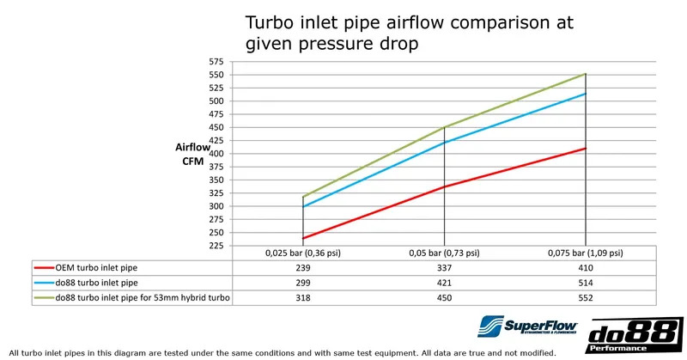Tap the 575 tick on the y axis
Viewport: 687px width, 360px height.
click(x=215, y=62)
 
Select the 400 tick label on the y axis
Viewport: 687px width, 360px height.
click(x=215, y=154)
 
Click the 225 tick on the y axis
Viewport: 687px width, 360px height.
click(x=215, y=246)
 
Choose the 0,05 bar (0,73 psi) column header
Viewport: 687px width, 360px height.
click(x=444, y=254)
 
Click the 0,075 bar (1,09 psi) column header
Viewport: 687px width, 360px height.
click(x=586, y=254)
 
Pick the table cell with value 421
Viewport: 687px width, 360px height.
click(x=444, y=282)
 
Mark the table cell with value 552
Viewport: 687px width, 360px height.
click(x=586, y=296)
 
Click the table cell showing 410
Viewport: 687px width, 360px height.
click(x=586, y=267)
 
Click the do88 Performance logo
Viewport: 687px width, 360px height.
click(x=634, y=335)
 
